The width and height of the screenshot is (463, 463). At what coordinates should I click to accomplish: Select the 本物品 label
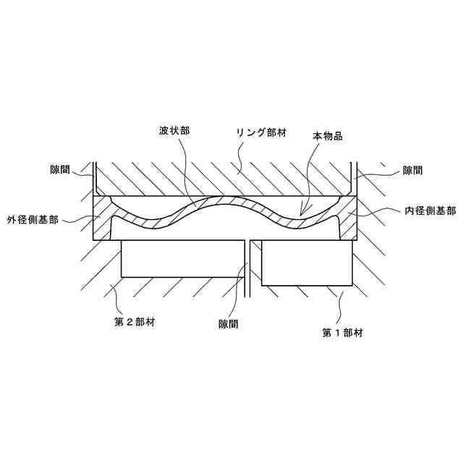coord(327,135)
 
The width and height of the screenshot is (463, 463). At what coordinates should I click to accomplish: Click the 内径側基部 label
coord(430,211)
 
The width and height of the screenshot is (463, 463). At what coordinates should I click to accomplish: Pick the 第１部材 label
coord(342,333)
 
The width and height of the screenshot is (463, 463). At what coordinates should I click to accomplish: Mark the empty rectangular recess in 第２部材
coord(181,259)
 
